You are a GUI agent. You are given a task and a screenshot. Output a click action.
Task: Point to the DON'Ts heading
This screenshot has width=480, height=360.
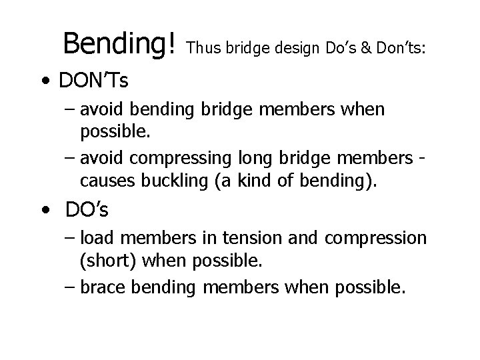(x=94, y=83)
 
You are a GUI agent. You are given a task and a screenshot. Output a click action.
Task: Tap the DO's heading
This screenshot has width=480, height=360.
(x=87, y=210)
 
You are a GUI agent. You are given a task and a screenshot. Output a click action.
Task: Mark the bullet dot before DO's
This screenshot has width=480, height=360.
(x=44, y=211)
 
